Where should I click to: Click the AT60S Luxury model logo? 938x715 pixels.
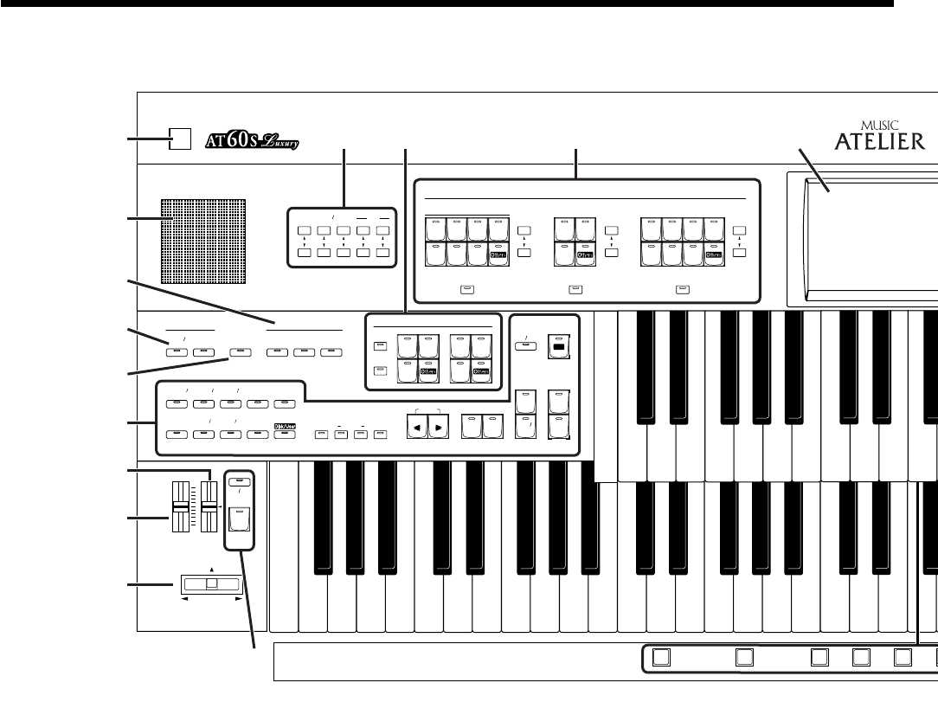point(250,140)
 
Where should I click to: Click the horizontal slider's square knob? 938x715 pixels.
point(212,584)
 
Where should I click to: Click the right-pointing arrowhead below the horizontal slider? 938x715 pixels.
point(238,598)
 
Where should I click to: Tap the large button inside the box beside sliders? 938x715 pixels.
point(238,521)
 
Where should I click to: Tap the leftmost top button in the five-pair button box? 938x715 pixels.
point(302,231)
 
